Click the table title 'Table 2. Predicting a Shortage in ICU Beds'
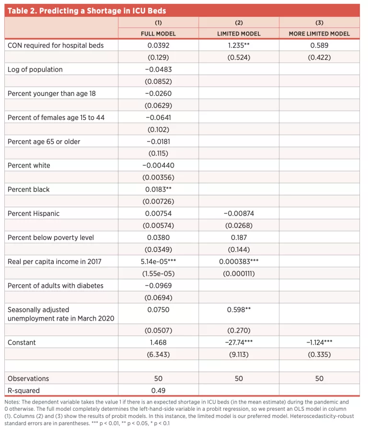87,11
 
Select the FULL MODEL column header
158,34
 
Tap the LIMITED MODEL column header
239,34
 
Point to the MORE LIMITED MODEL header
319,34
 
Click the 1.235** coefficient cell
239,46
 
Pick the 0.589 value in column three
319,46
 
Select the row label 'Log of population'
35,70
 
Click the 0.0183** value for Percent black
158,190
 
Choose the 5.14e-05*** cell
158,262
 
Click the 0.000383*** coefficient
239,262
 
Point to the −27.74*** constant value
239,343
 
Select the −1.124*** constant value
319,343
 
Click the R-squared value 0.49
158,391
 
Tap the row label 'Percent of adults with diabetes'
56,286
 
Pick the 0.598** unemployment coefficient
239,310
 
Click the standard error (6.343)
158,355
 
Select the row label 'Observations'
28,379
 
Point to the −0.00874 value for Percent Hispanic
239,214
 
